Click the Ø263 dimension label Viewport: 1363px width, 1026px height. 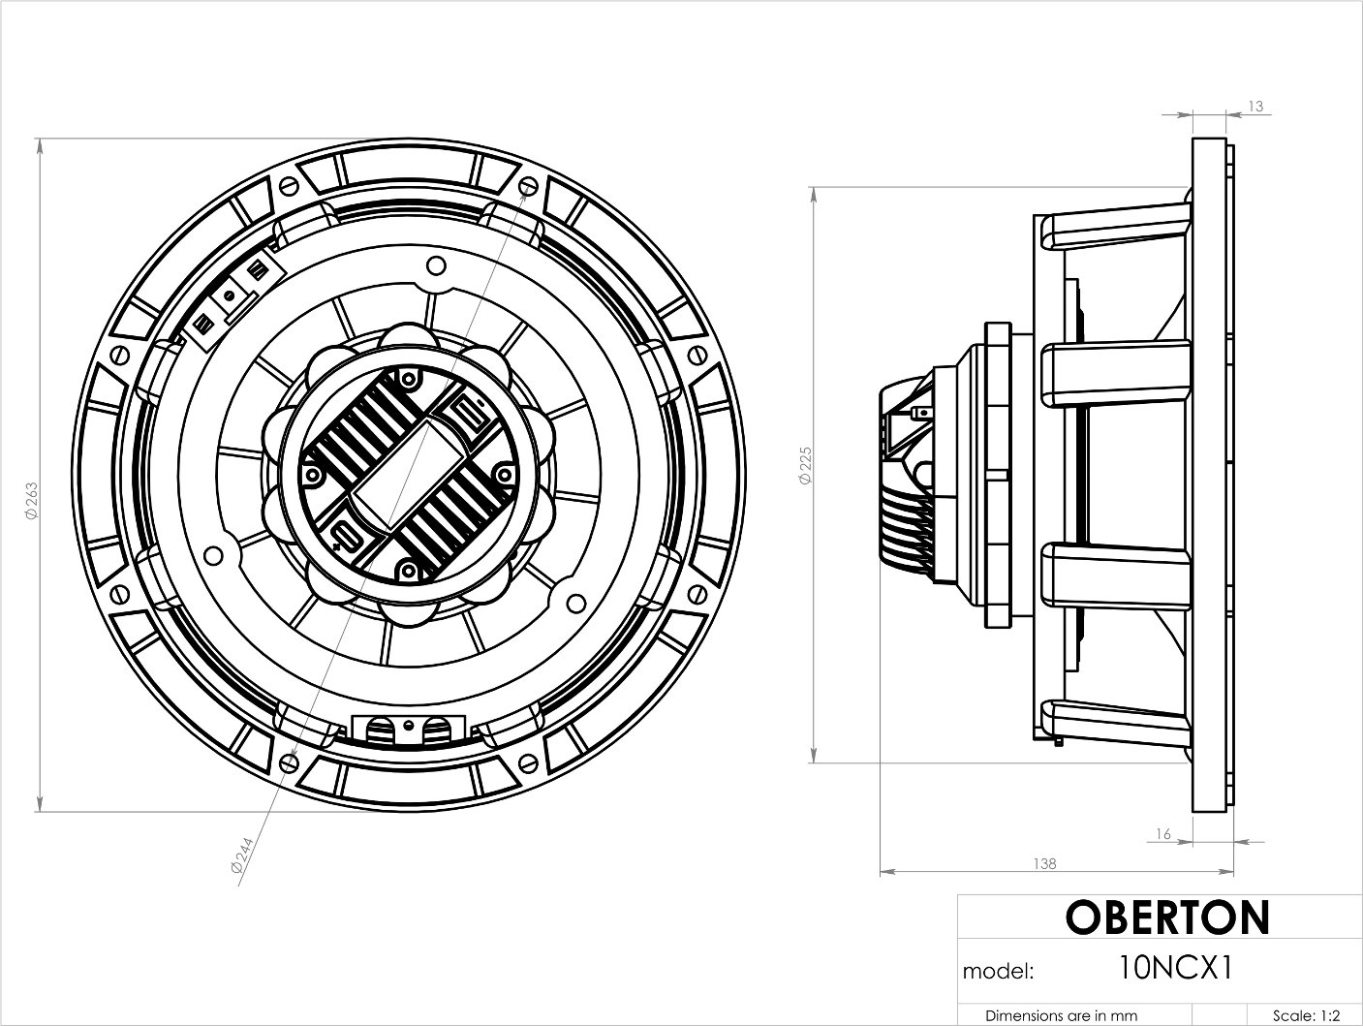(x=31, y=501)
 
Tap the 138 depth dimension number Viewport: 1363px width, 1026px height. (x=1044, y=863)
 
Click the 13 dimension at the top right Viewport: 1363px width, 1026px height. (x=1255, y=107)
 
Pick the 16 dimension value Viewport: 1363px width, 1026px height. (x=1162, y=833)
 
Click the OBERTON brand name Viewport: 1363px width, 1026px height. (x=1166, y=917)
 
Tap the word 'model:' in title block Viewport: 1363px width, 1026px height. (x=999, y=971)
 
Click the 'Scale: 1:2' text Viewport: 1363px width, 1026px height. (x=1307, y=1015)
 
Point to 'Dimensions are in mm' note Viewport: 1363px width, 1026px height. (x=1061, y=1015)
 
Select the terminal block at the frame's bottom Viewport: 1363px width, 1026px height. (x=408, y=729)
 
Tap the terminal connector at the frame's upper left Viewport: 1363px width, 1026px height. (x=231, y=296)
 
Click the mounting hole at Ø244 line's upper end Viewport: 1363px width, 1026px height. (x=526, y=185)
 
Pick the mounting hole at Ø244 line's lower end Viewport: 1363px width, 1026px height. (x=288, y=764)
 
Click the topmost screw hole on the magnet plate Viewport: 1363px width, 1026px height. (x=436, y=264)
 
